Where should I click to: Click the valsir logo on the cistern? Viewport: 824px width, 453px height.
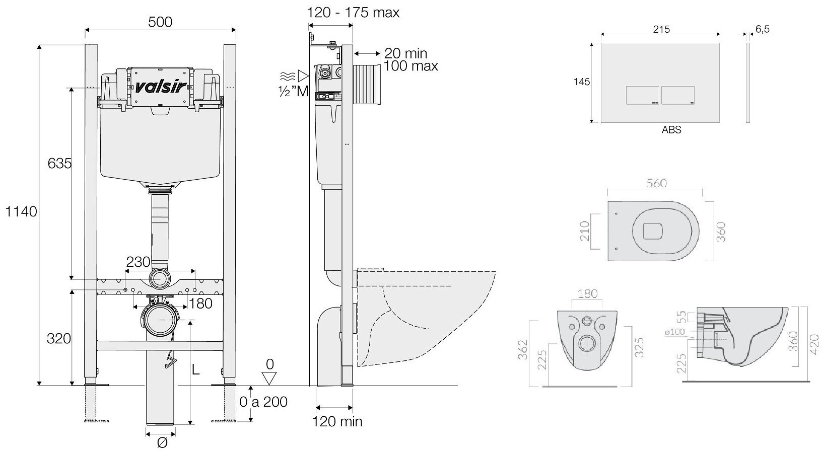[160, 86]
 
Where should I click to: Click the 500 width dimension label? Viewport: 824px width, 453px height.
[160, 22]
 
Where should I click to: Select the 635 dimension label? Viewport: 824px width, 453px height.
[60, 164]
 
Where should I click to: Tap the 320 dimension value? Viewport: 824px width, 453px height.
[59, 339]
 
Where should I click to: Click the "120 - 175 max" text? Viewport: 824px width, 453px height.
[354, 13]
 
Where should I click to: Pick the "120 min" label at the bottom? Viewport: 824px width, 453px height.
[337, 422]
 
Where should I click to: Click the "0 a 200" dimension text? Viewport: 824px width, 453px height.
[263, 401]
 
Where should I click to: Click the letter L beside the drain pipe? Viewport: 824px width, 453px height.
[196, 370]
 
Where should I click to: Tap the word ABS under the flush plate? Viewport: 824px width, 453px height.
[671, 130]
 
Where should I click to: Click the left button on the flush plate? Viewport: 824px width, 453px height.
[642, 95]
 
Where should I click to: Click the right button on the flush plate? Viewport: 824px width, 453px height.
[678, 95]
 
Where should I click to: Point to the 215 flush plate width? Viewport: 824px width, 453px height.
[661, 30]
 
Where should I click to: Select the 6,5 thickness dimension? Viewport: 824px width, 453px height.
[763, 30]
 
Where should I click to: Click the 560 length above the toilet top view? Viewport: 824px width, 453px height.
[656, 184]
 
